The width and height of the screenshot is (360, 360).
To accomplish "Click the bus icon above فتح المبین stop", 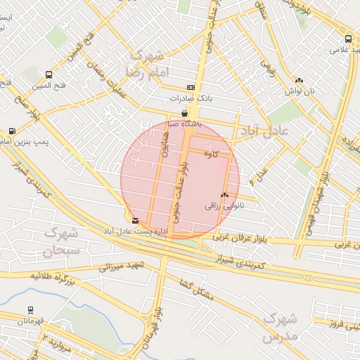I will [49, 75].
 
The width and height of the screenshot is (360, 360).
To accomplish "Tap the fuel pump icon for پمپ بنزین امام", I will [12, 131].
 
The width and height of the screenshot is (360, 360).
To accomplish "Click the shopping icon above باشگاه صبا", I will [184, 112].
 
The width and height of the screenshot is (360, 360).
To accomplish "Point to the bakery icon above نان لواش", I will [299, 81].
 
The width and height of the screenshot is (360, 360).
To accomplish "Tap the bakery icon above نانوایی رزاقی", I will [224, 195].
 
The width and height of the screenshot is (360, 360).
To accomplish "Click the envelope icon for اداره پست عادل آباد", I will [135, 220].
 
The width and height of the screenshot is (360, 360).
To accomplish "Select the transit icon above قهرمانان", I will [30, 309].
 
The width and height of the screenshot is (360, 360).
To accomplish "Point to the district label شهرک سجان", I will [61, 240].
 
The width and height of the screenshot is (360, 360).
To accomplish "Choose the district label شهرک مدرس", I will [279, 328].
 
